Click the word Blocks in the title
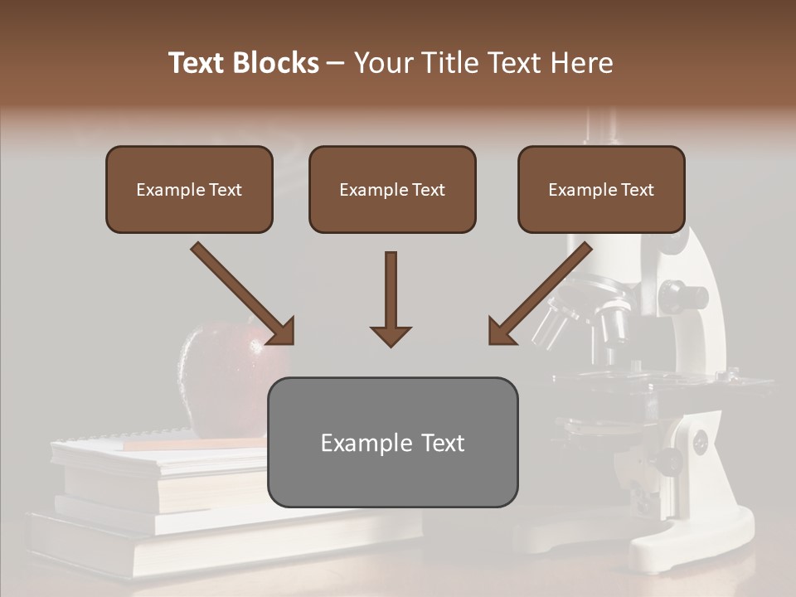point(277,63)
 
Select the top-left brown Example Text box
point(189,189)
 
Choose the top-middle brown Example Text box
point(392,189)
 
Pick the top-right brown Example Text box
point(601,189)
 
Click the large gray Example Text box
point(392,442)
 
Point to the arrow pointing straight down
point(391,298)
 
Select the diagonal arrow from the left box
point(243,294)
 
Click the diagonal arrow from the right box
point(540,294)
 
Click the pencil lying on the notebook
point(191,444)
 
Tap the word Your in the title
point(382,63)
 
